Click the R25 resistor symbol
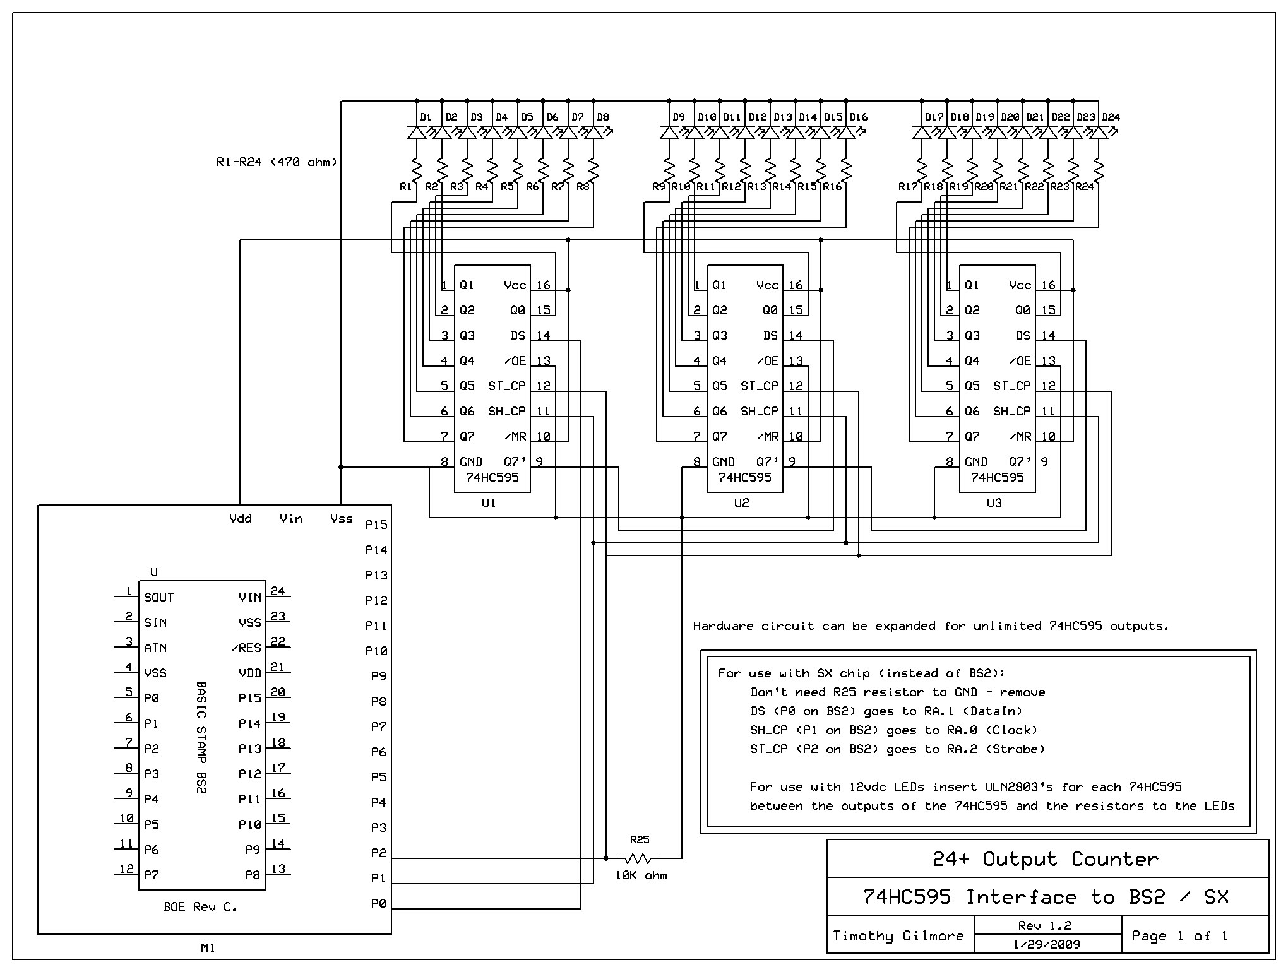pyautogui.click(x=640, y=858)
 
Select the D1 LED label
pyautogui.click(x=426, y=117)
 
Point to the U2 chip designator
pyautogui.click(x=741, y=503)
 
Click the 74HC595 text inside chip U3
pyautogui.click(x=997, y=478)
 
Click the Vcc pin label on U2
pyautogui.click(x=767, y=285)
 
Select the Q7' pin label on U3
pyautogui.click(x=1020, y=462)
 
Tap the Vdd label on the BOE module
pyautogui.click(x=240, y=519)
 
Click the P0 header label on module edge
pyautogui.click(x=378, y=904)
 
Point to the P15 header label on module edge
pyautogui.click(x=376, y=525)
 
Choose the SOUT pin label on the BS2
pyautogui.click(x=158, y=598)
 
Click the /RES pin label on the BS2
pyautogui.click(x=246, y=648)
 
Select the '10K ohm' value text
pyautogui.click(x=641, y=875)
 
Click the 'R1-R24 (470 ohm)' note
pyautogui.click(x=277, y=162)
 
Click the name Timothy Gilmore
pyautogui.click(x=898, y=935)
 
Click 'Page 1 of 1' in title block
pyautogui.click(x=1179, y=935)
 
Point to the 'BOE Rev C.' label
pyautogui.click(x=200, y=907)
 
